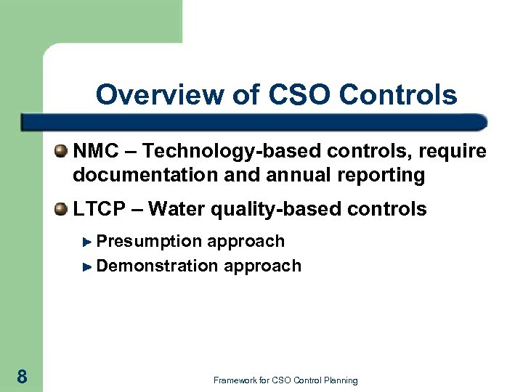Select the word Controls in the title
(398, 95)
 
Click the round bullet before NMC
(62, 151)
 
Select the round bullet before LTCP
(62, 209)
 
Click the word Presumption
(149, 241)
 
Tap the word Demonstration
(157, 266)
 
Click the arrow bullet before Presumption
(88, 242)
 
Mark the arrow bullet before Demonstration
(88, 266)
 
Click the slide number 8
(22, 376)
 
